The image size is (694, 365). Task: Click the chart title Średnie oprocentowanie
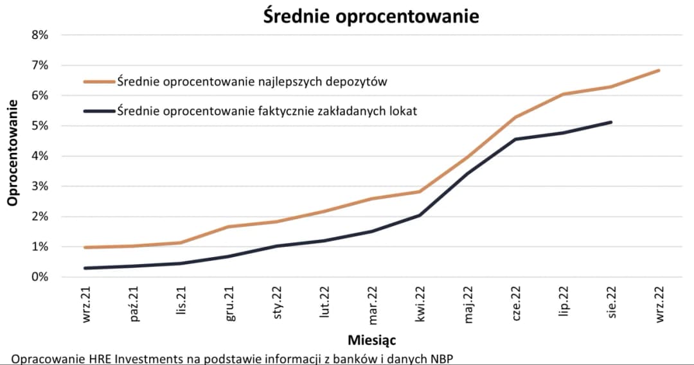tap(371, 15)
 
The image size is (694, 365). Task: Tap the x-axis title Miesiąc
tap(371, 339)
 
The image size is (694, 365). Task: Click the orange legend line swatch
tap(99, 82)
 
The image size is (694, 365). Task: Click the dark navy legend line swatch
tap(99, 111)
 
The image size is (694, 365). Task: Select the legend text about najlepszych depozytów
tap(251, 82)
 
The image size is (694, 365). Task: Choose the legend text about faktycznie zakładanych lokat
tap(267, 111)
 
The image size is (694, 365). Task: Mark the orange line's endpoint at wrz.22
tap(659, 71)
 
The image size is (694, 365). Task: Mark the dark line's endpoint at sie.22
tap(610, 122)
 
